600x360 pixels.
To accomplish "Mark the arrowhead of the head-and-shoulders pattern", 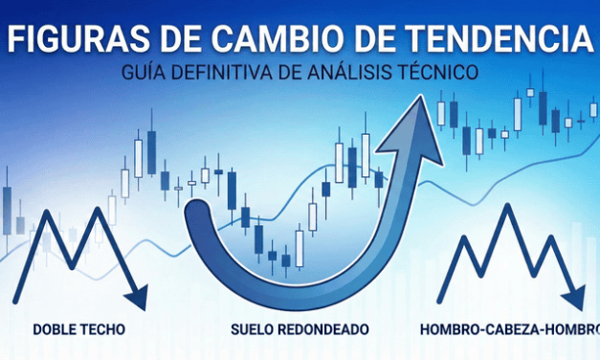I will coord(576,292).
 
